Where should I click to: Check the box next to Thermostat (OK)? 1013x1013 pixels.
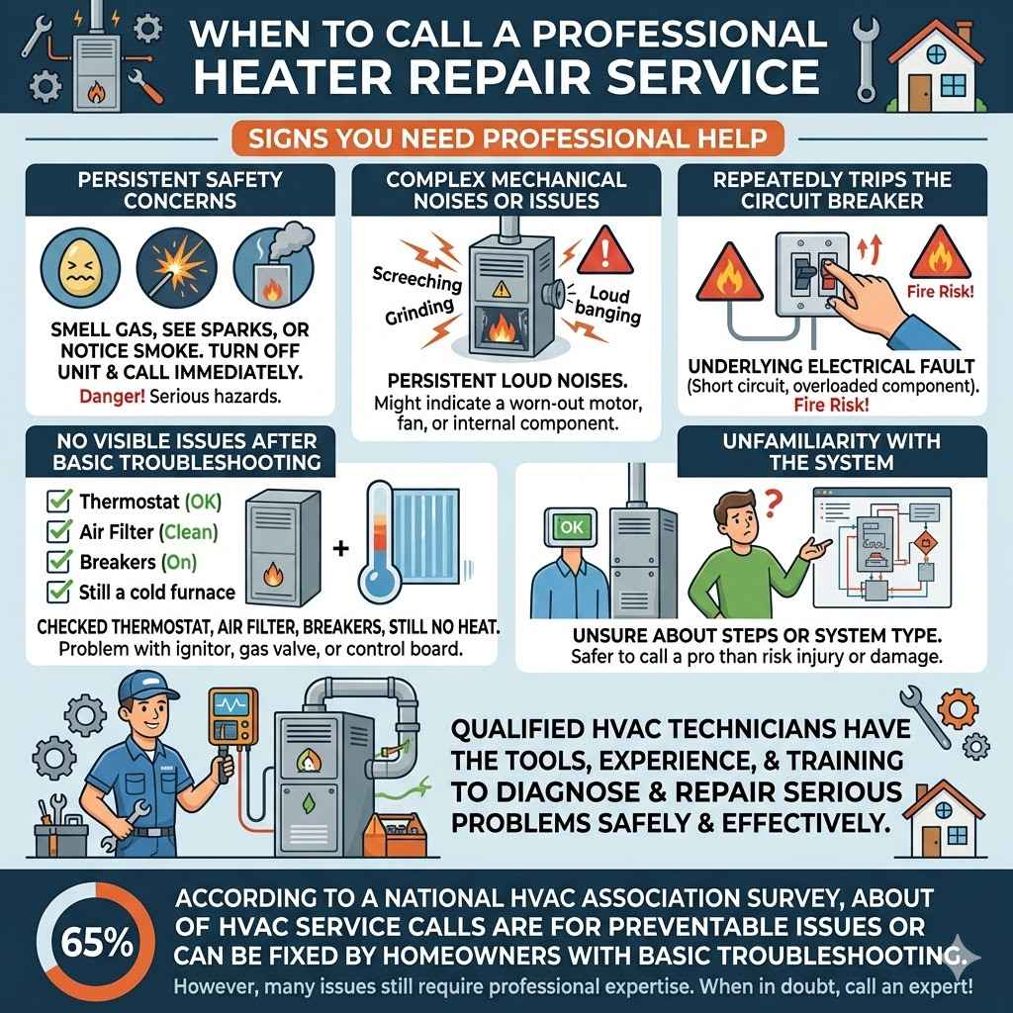[x=61, y=503]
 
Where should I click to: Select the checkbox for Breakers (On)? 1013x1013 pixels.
[x=61, y=563]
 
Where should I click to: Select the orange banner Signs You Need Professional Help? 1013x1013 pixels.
[x=506, y=136]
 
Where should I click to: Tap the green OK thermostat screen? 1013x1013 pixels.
[x=571, y=527]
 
